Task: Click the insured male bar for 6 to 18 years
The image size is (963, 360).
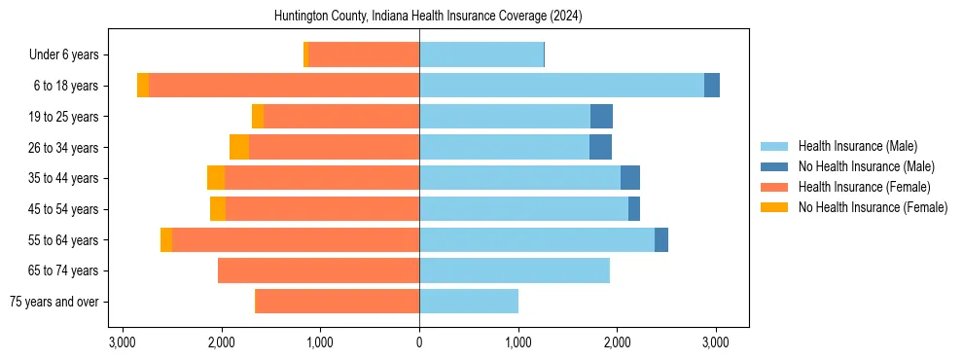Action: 561,86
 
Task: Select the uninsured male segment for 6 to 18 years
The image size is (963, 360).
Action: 712,86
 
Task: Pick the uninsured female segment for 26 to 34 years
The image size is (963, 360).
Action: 239,147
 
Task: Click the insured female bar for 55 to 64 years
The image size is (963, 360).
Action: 296,239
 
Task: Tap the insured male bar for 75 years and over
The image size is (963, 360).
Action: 469,302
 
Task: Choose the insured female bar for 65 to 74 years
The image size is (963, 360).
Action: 318,270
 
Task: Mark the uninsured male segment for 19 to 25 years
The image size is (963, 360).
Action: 601,117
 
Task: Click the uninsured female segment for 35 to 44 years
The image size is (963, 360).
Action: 216,178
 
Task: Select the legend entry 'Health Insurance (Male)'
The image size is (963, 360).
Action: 857,146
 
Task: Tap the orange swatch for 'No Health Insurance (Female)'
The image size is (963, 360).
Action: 774,207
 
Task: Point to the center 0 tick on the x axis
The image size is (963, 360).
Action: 419,342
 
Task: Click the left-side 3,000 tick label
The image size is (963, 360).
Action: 122,342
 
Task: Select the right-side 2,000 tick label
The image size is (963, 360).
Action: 617,342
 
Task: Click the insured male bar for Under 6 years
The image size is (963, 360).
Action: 481,54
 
